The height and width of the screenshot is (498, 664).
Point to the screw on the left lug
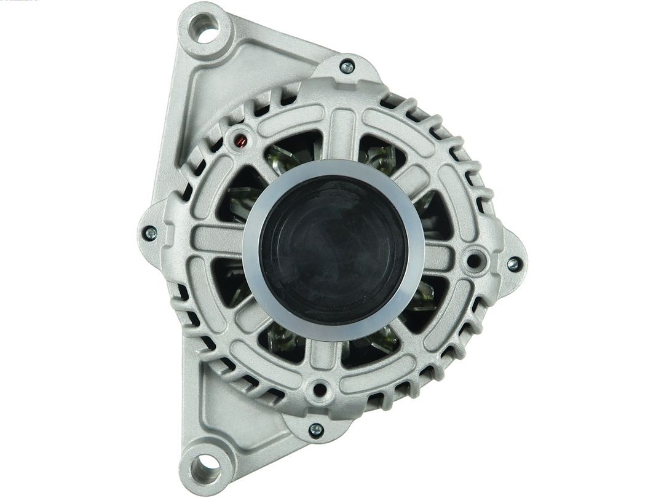pos(149,233)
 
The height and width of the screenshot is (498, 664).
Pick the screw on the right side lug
pos(513,264)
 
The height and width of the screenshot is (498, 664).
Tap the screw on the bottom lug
pos(316,430)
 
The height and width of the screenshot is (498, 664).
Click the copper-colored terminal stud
pos(241,141)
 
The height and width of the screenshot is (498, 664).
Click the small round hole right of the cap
pos(474,260)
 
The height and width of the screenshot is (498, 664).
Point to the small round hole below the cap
pos(319,389)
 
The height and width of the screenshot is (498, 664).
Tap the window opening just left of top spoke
pos(292,151)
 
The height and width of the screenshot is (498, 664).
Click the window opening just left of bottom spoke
pos(283,341)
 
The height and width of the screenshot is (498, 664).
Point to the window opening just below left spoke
pos(231,280)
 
